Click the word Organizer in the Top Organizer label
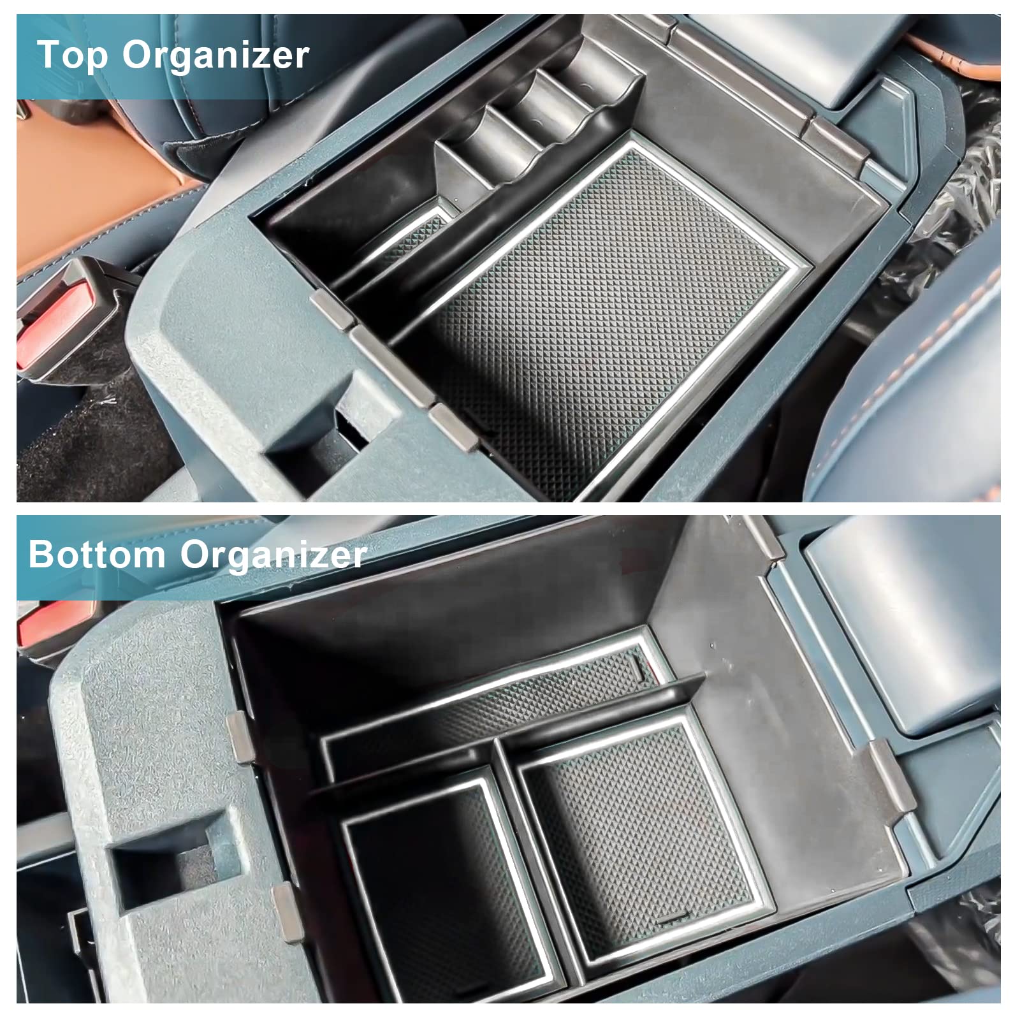click(x=216, y=55)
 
